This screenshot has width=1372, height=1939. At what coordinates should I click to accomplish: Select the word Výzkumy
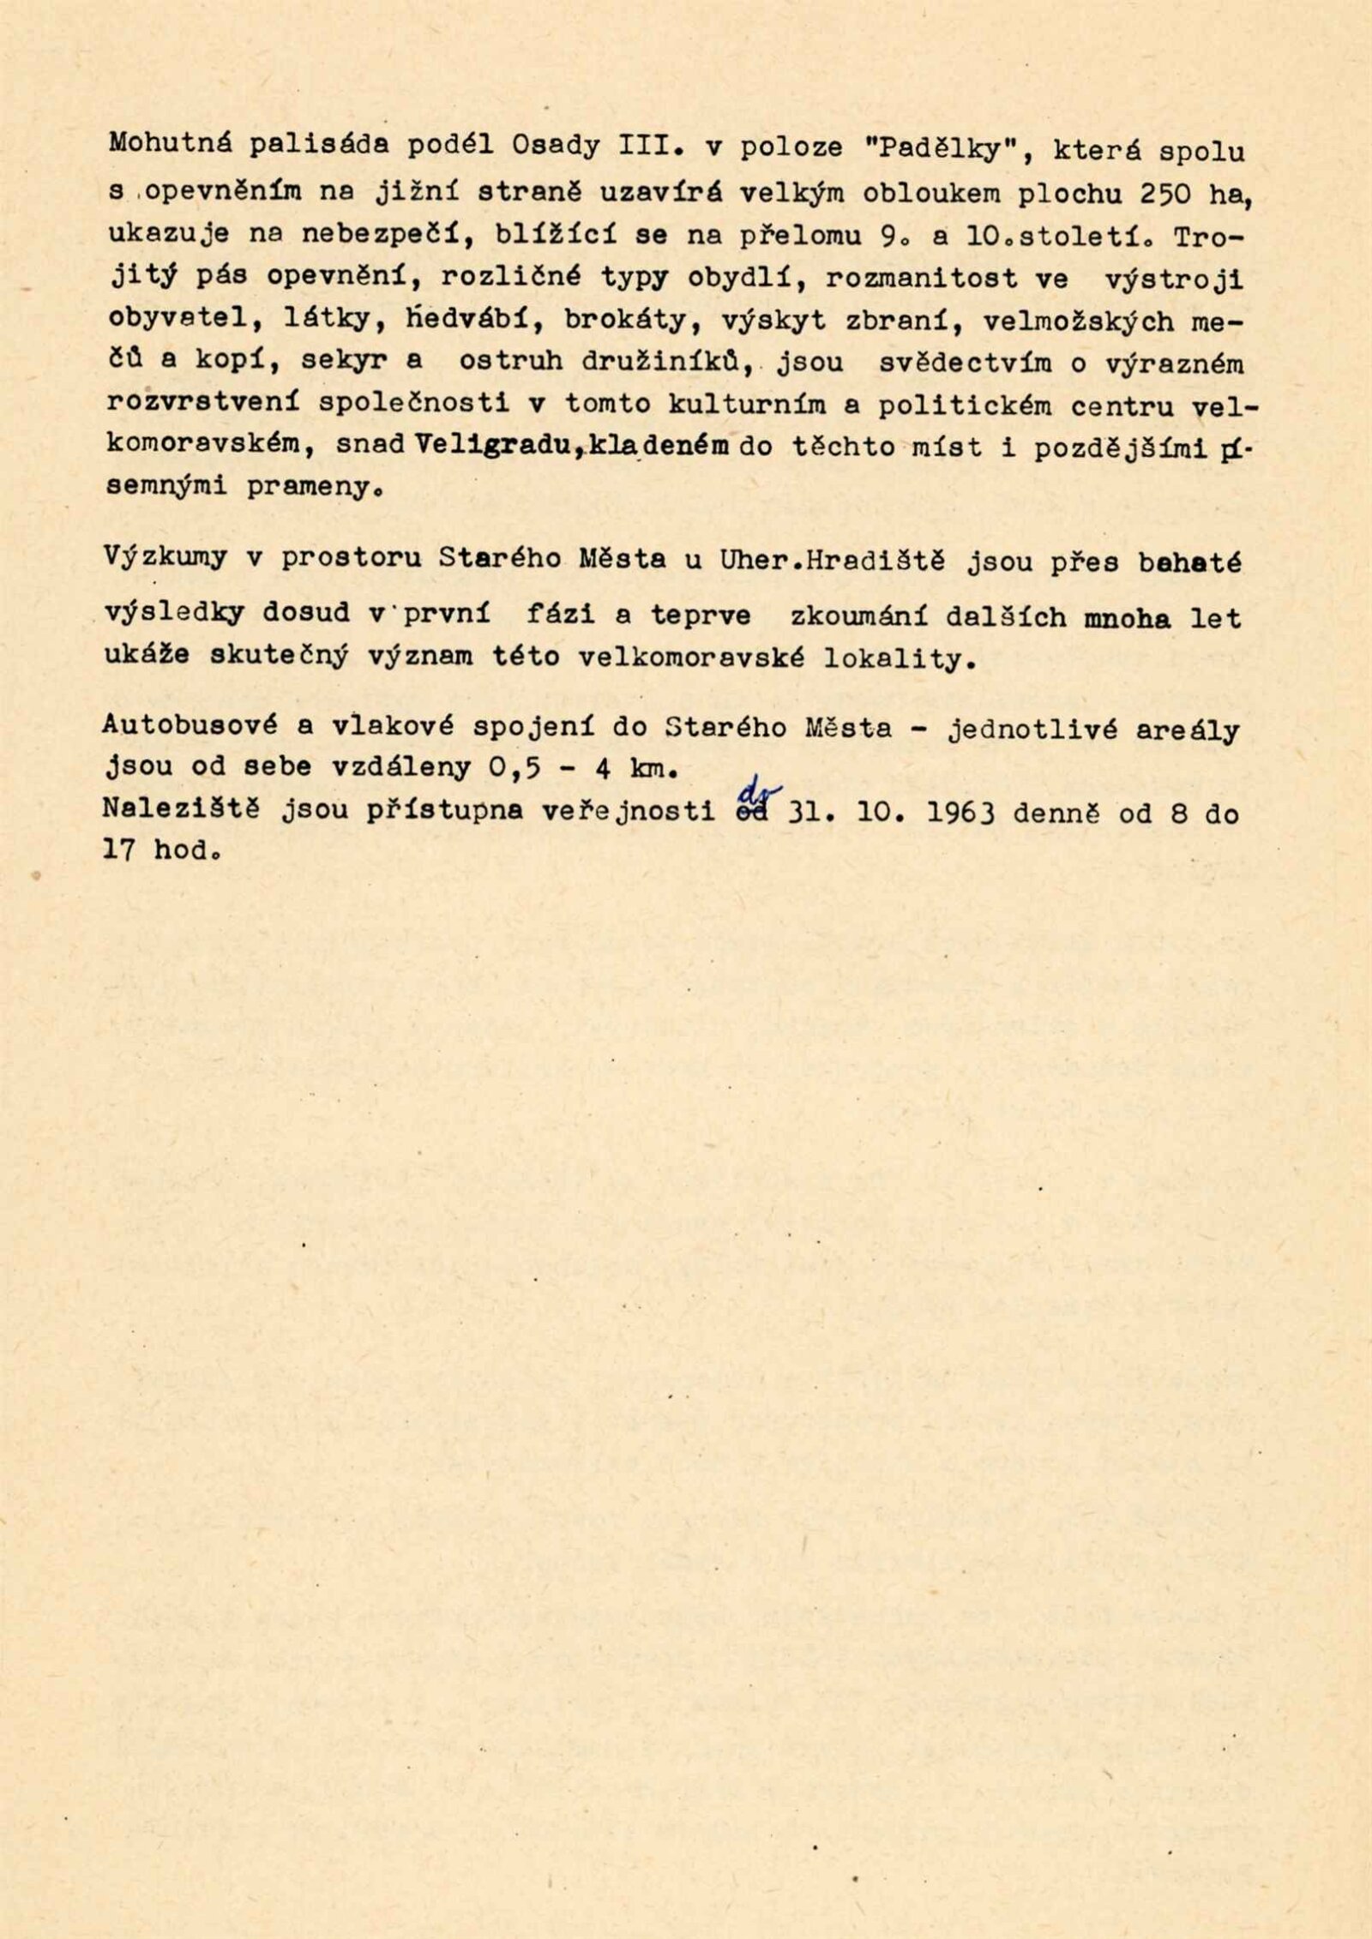click(x=165, y=557)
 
